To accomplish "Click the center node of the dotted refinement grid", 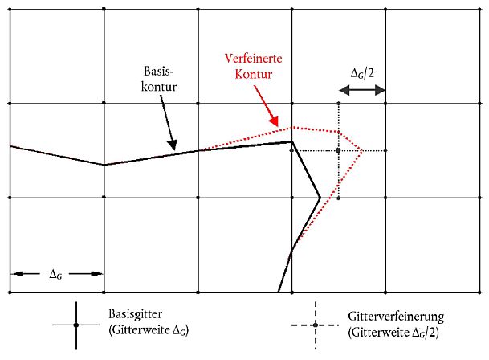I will point(339,150).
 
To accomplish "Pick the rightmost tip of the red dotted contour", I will point(362,150).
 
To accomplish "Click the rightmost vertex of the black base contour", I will point(320,196).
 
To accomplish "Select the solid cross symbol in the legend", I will point(75,325).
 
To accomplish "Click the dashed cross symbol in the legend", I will point(315,325).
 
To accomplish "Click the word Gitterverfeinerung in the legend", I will point(394,317).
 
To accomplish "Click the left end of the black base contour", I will point(11,146).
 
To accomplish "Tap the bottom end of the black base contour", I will point(279,290).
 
